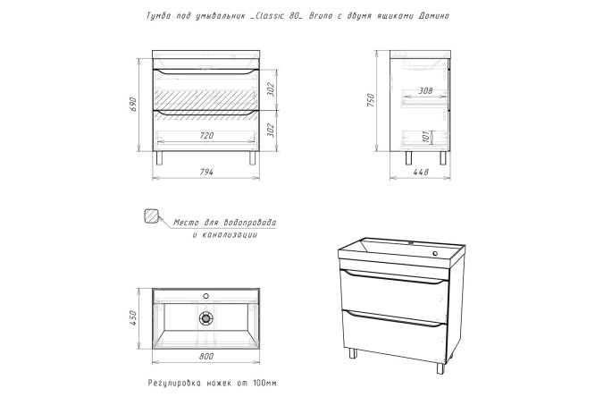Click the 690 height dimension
point(133,105)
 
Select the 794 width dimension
point(206,172)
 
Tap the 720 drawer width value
point(206,135)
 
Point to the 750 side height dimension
point(371,100)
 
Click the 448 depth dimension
point(421,172)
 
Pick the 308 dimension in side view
point(426,91)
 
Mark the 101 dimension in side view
point(426,137)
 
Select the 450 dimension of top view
point(132,318)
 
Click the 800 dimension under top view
point(206,357)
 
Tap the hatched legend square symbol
point(151,215)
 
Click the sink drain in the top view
point(206,318)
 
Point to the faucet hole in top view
point(206,296)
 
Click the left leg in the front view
point(159,158)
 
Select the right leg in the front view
point(252,158)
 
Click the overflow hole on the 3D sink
point(435,253)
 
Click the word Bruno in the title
point(320,16)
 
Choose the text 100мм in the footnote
point(264,383)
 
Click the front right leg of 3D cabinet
point(440,368)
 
